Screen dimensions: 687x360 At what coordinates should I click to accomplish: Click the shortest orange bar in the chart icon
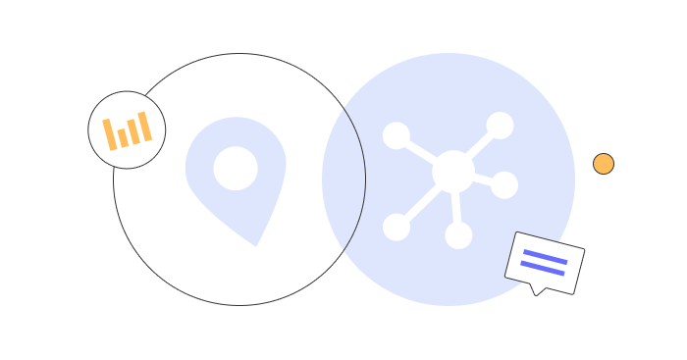tap(123, 137)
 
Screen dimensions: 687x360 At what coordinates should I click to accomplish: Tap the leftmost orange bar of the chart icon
tap(110, 134)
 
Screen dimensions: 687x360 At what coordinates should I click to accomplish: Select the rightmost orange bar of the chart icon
tap(145, 127)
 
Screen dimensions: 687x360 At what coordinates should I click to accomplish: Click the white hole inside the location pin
tap(236, 169)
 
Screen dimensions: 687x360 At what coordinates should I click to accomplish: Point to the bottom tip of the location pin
tap(256, 243)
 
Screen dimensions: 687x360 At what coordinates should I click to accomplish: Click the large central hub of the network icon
tap(453, 172)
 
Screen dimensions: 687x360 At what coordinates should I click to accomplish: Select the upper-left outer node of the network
tap(396, 135)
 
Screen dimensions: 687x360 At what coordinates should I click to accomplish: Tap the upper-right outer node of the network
tap(500, 126)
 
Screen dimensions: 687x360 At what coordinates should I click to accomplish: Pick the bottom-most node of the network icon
tap(458, 235)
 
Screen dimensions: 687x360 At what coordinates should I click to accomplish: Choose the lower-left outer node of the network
tap(396, 227)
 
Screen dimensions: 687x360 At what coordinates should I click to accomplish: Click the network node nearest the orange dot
tap(504, 184)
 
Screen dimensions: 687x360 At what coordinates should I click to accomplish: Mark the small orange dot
tap(604, 164)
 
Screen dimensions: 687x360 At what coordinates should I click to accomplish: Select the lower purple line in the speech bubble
tap(543, 268)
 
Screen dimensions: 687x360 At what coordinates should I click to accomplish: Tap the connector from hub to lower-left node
tap(422, 201)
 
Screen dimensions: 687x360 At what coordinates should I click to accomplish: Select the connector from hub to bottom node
tap(456, 208)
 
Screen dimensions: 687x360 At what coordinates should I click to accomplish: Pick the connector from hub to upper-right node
tap(479, 146)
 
